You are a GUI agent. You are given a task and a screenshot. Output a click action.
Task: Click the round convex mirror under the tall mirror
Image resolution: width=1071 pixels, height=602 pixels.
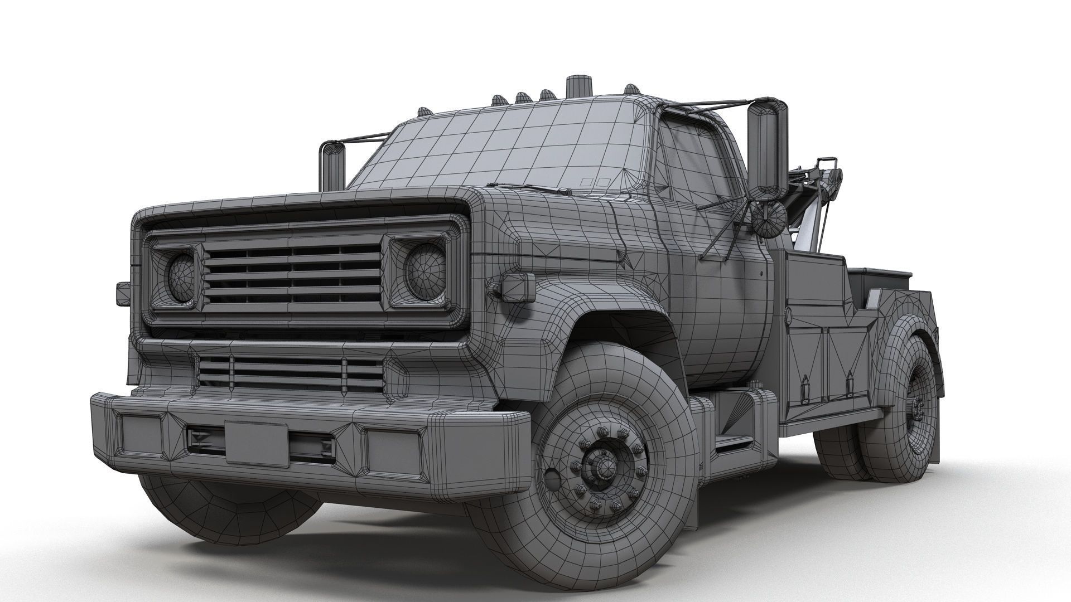click(768, 218)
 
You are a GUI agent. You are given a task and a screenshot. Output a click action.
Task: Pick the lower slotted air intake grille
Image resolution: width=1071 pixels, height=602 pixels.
click(290, 372)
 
